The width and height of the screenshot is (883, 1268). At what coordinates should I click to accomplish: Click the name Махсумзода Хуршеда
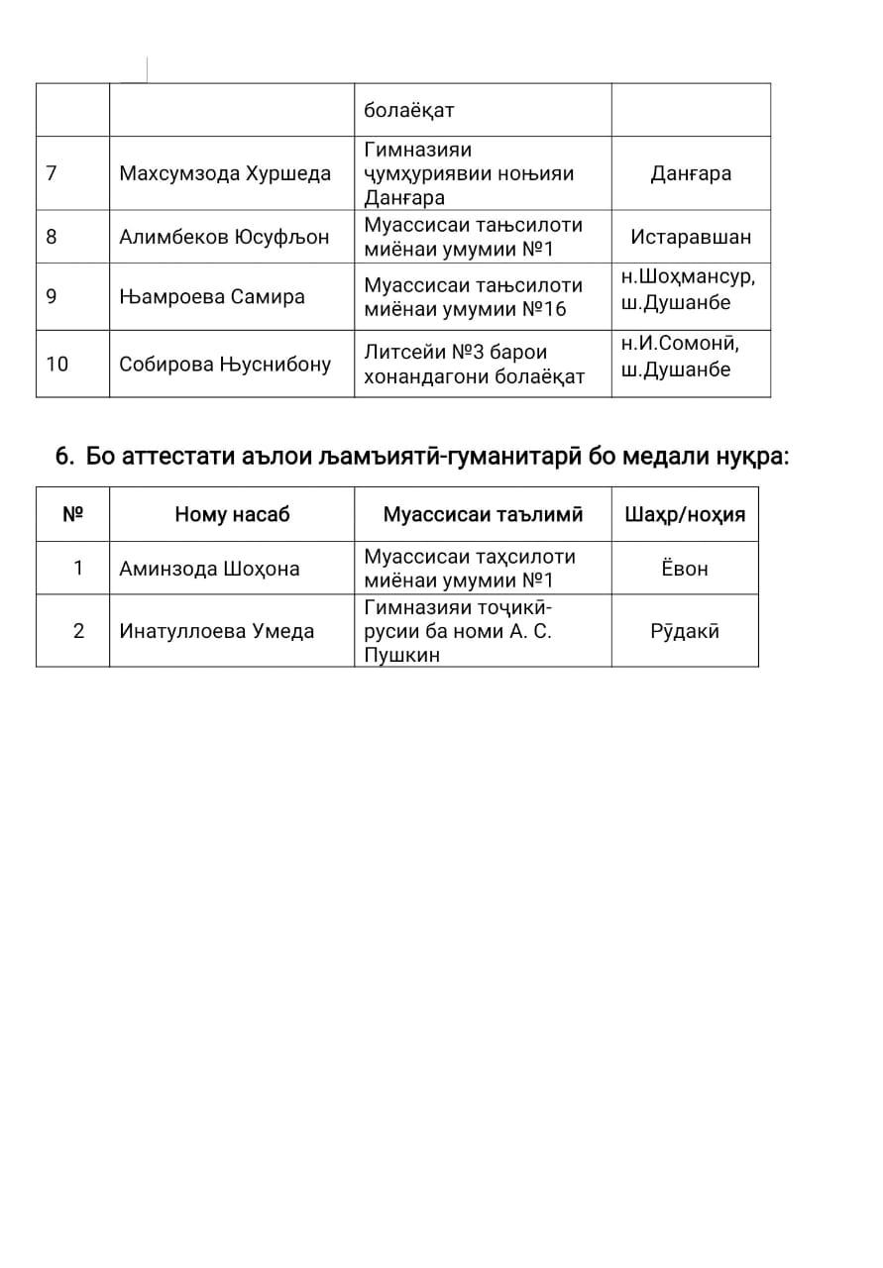(225, 173)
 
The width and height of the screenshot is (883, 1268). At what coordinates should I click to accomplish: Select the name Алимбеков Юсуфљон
(224, 237)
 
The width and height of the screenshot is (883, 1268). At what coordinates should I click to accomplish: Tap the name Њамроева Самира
(212, 296)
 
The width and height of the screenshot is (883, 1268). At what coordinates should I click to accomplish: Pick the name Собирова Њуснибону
(225, 364)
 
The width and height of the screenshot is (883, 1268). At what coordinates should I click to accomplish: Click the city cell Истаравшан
(691, 237)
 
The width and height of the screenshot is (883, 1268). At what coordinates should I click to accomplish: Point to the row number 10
(57, 364)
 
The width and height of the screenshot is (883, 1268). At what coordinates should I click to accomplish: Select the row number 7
(52, 173)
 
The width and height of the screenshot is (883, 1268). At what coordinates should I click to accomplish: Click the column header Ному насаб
(232, 514)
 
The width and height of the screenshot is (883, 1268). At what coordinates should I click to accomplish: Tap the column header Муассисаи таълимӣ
(483, 514)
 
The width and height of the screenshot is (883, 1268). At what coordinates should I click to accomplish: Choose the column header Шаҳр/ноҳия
(685, 514)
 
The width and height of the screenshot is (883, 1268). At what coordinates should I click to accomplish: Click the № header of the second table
(72, 514)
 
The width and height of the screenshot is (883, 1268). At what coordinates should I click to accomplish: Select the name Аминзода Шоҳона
(209, 569)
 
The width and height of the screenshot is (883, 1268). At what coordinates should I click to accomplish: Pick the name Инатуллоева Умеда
(216, 630)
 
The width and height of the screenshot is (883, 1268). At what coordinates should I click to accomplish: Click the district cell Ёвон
(685, 569)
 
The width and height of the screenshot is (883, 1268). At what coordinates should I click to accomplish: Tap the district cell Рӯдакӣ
(685, 630)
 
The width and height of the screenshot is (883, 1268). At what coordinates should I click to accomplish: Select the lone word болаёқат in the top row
(408, 110)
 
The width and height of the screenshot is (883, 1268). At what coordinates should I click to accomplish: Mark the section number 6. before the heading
(65, 457)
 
